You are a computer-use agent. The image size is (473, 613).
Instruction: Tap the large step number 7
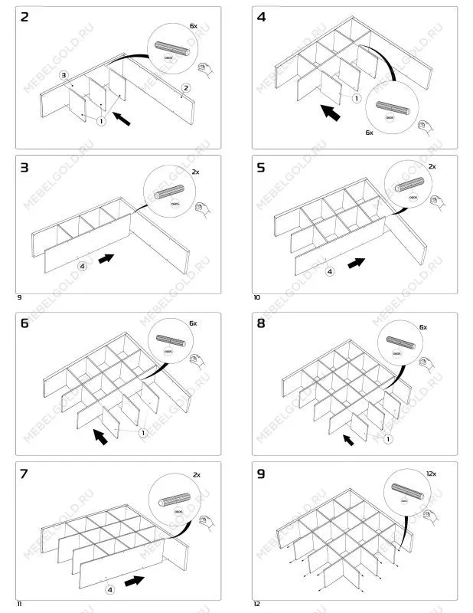[x=24, y=474]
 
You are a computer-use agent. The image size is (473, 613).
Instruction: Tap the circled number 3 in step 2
[x=64, y=74]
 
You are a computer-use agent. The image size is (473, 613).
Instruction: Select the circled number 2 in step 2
[x=185, y=88]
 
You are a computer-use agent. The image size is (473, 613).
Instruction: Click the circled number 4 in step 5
[x=330, y=271]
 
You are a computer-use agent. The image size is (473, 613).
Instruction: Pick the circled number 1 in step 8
[x=388, y=439]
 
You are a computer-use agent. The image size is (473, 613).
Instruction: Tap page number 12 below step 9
[x=257, y=604]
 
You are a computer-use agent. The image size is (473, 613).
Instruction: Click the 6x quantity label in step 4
[x=368, y=133]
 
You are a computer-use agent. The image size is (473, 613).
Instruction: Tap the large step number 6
[x=24, y=323]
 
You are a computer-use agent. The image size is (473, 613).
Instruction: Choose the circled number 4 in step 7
[x=109, y=589]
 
